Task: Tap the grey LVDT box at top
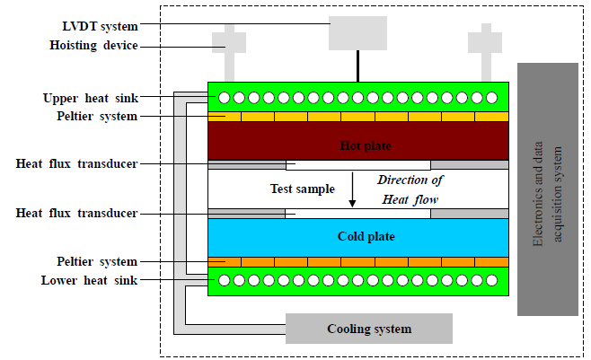(357, 32)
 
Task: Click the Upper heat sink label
(90, 97)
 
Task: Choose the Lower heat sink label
(90, 280)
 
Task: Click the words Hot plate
(366, 145)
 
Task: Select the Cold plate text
(366, 237)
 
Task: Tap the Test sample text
(303, 189)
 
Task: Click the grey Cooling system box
(369, 329)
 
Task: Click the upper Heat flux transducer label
(77, 164)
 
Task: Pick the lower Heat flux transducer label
(77, 213)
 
